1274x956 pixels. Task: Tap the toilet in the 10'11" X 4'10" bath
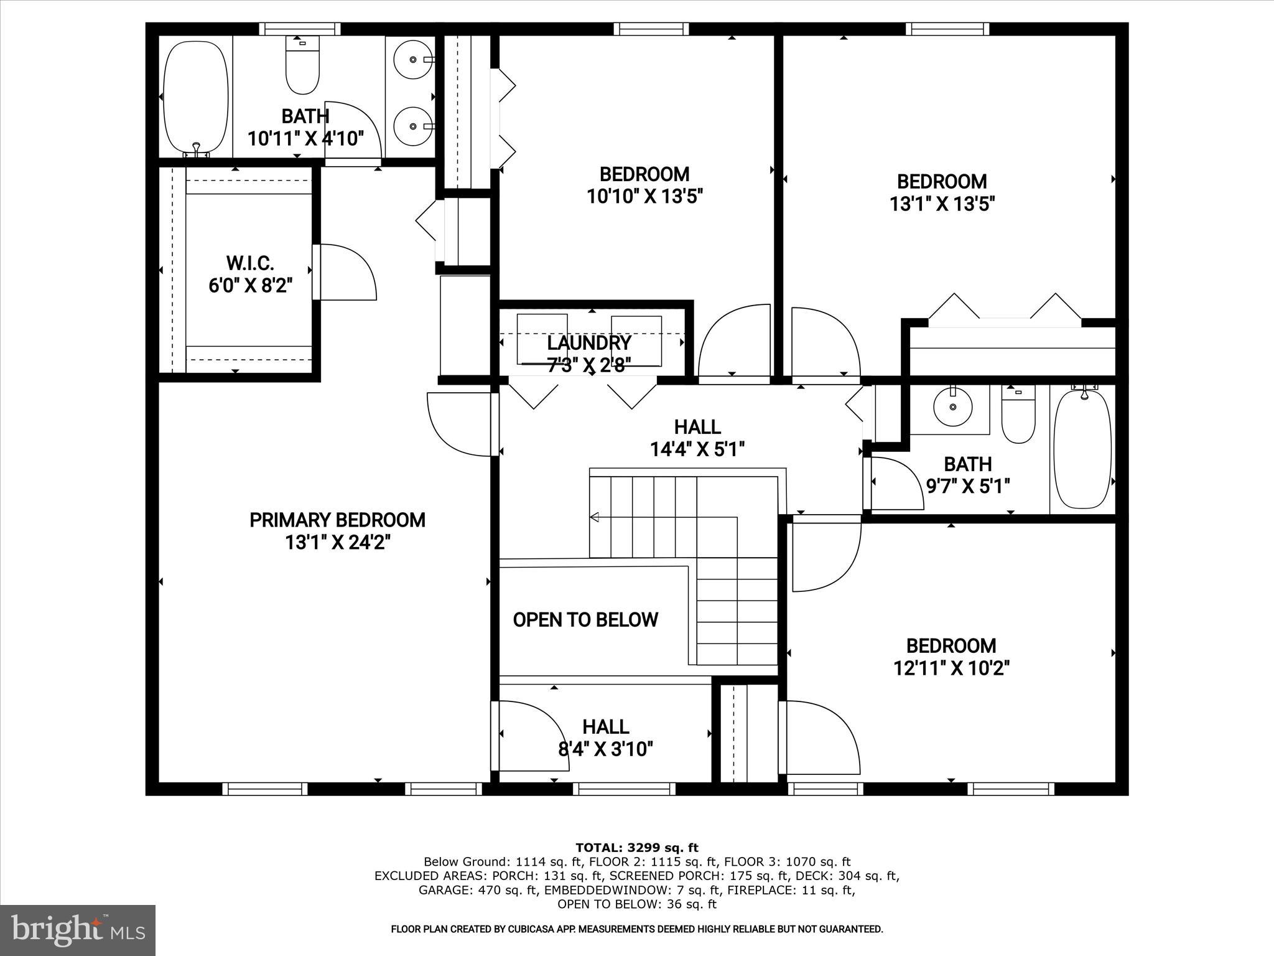[x=302, y=68]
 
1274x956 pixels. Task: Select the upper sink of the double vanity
[x=414, y=60]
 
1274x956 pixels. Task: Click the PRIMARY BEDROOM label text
[x=337, y=520]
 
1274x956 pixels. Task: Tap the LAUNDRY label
[x=588, y=343]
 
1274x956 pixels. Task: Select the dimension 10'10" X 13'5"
[x=644, y=197]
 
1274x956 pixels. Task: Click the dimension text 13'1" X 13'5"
[x=941, y=204]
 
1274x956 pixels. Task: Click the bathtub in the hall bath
[x=1082, y=449]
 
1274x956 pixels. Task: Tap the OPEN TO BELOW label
[x=585, y=619]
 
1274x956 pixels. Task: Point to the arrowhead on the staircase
[x=595, y=517]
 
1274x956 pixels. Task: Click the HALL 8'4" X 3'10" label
[x=605, y=738]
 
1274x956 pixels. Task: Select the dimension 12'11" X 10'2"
[x=951, y=668]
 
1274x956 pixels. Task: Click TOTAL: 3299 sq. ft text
[x=636, y=847]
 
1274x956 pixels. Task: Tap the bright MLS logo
[x=78, y=930]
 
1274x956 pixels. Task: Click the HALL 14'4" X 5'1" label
[x=697, y=438]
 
